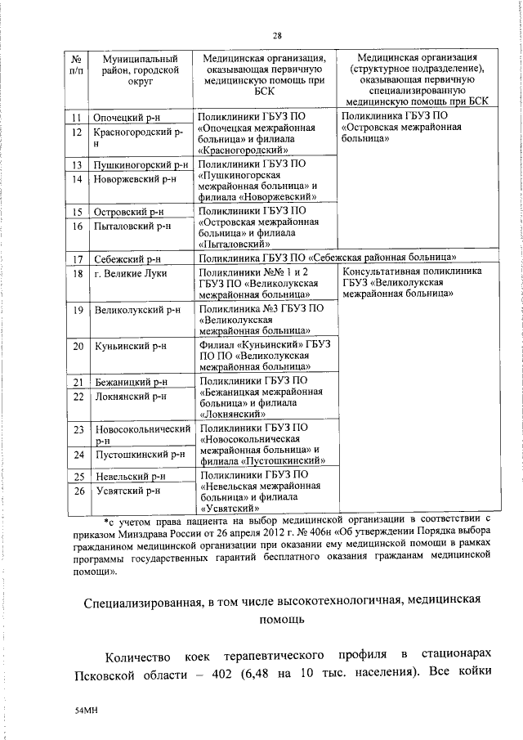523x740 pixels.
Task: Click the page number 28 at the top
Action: pos(278,36)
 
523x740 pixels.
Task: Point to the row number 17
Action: pos(77,259)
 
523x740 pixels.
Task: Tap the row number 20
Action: pos(78,346)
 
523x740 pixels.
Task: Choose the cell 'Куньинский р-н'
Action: pos(130,346)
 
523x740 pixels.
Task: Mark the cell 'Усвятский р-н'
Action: pos(126,491)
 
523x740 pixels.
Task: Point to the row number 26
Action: pos(78,491)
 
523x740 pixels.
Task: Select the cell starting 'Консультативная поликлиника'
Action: pos(411,282)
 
